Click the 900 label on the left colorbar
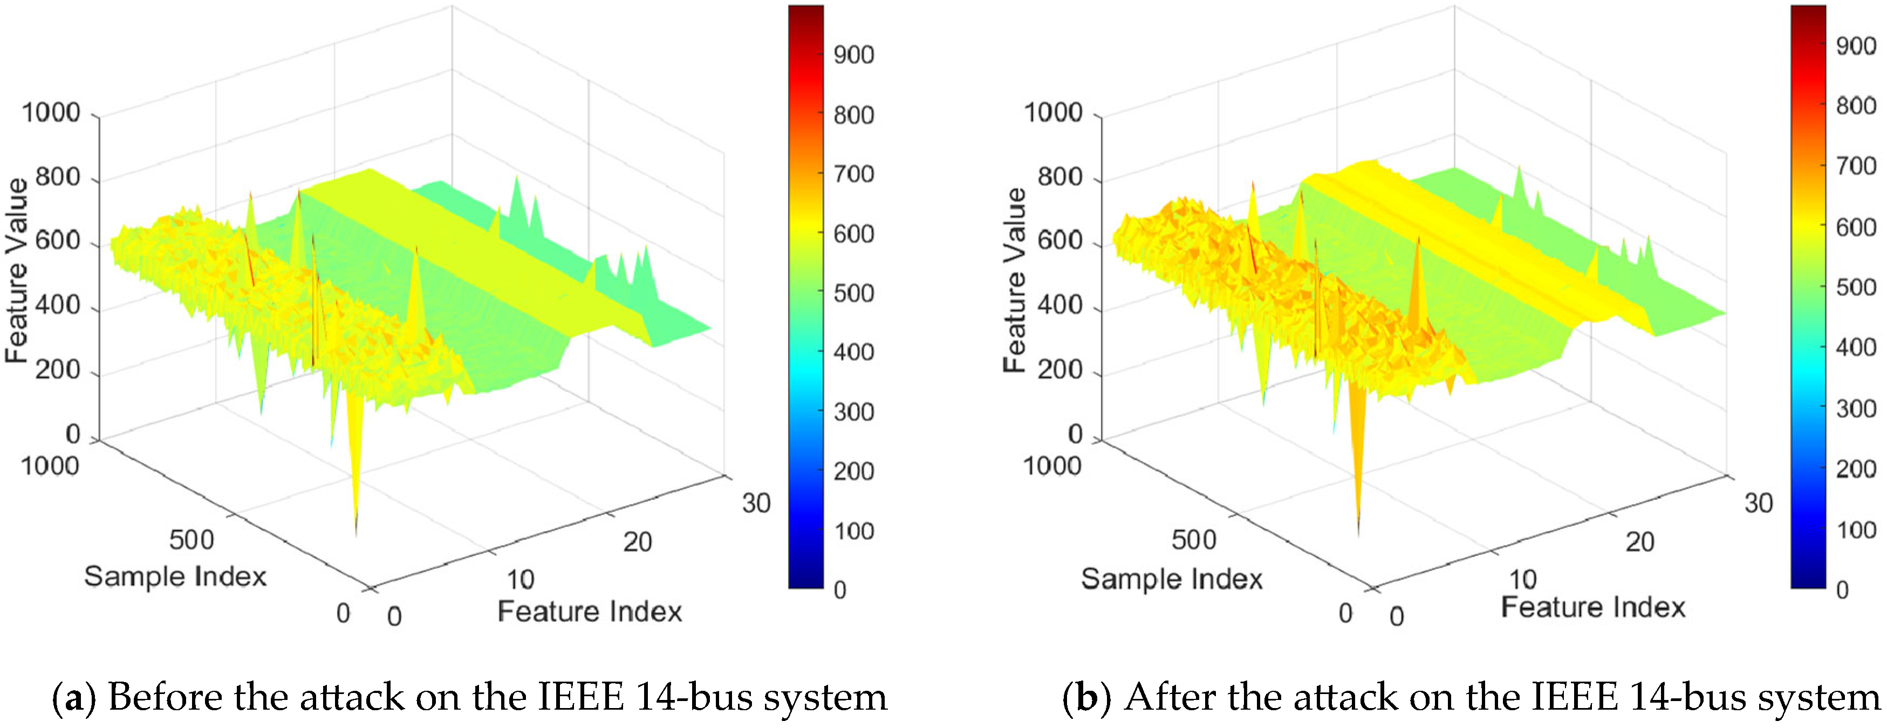coord(853,55)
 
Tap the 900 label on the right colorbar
coord(1856,46)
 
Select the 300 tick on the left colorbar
coord(853,413)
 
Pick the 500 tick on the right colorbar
coord(1856,287)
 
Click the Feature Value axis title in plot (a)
coord(16,271)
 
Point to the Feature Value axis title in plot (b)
coord(1015,280)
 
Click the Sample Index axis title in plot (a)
coord(175,576)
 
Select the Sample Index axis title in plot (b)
coord(1172,579)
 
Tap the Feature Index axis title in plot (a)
coord(590,612)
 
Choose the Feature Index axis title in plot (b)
coord(1593,607)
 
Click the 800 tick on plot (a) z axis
coord(58,177)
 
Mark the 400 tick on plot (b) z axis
coord(1060,305)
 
